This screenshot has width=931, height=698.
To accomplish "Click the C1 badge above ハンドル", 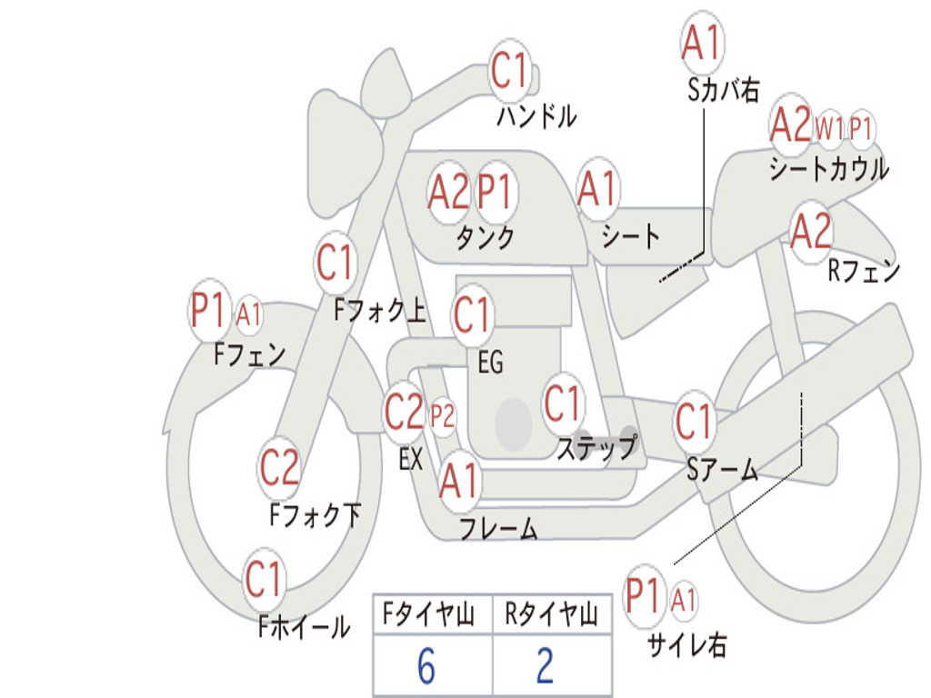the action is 510,70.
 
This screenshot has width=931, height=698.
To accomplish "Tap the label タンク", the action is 485,237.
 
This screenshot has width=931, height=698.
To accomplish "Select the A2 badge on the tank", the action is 449,192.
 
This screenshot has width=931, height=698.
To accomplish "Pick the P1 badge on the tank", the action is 496,192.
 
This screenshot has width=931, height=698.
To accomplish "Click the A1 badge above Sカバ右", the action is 701,43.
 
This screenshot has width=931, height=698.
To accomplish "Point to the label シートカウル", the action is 828,169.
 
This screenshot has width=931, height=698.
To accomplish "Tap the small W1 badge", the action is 829,129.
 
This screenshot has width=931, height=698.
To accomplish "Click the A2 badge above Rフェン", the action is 811,232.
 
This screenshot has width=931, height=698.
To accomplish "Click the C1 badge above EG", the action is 472,315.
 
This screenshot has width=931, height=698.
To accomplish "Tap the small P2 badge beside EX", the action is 443,417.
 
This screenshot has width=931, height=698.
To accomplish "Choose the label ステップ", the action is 596,448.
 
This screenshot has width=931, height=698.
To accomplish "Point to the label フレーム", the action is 498,528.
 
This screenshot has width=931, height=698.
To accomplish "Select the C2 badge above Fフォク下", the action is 279,467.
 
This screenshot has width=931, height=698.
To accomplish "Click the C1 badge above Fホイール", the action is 265,579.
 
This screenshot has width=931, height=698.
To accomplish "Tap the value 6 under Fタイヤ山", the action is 426,666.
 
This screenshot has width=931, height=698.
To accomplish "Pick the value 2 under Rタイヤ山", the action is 545,666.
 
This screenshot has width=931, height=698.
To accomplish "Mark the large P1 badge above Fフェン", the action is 208,312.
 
